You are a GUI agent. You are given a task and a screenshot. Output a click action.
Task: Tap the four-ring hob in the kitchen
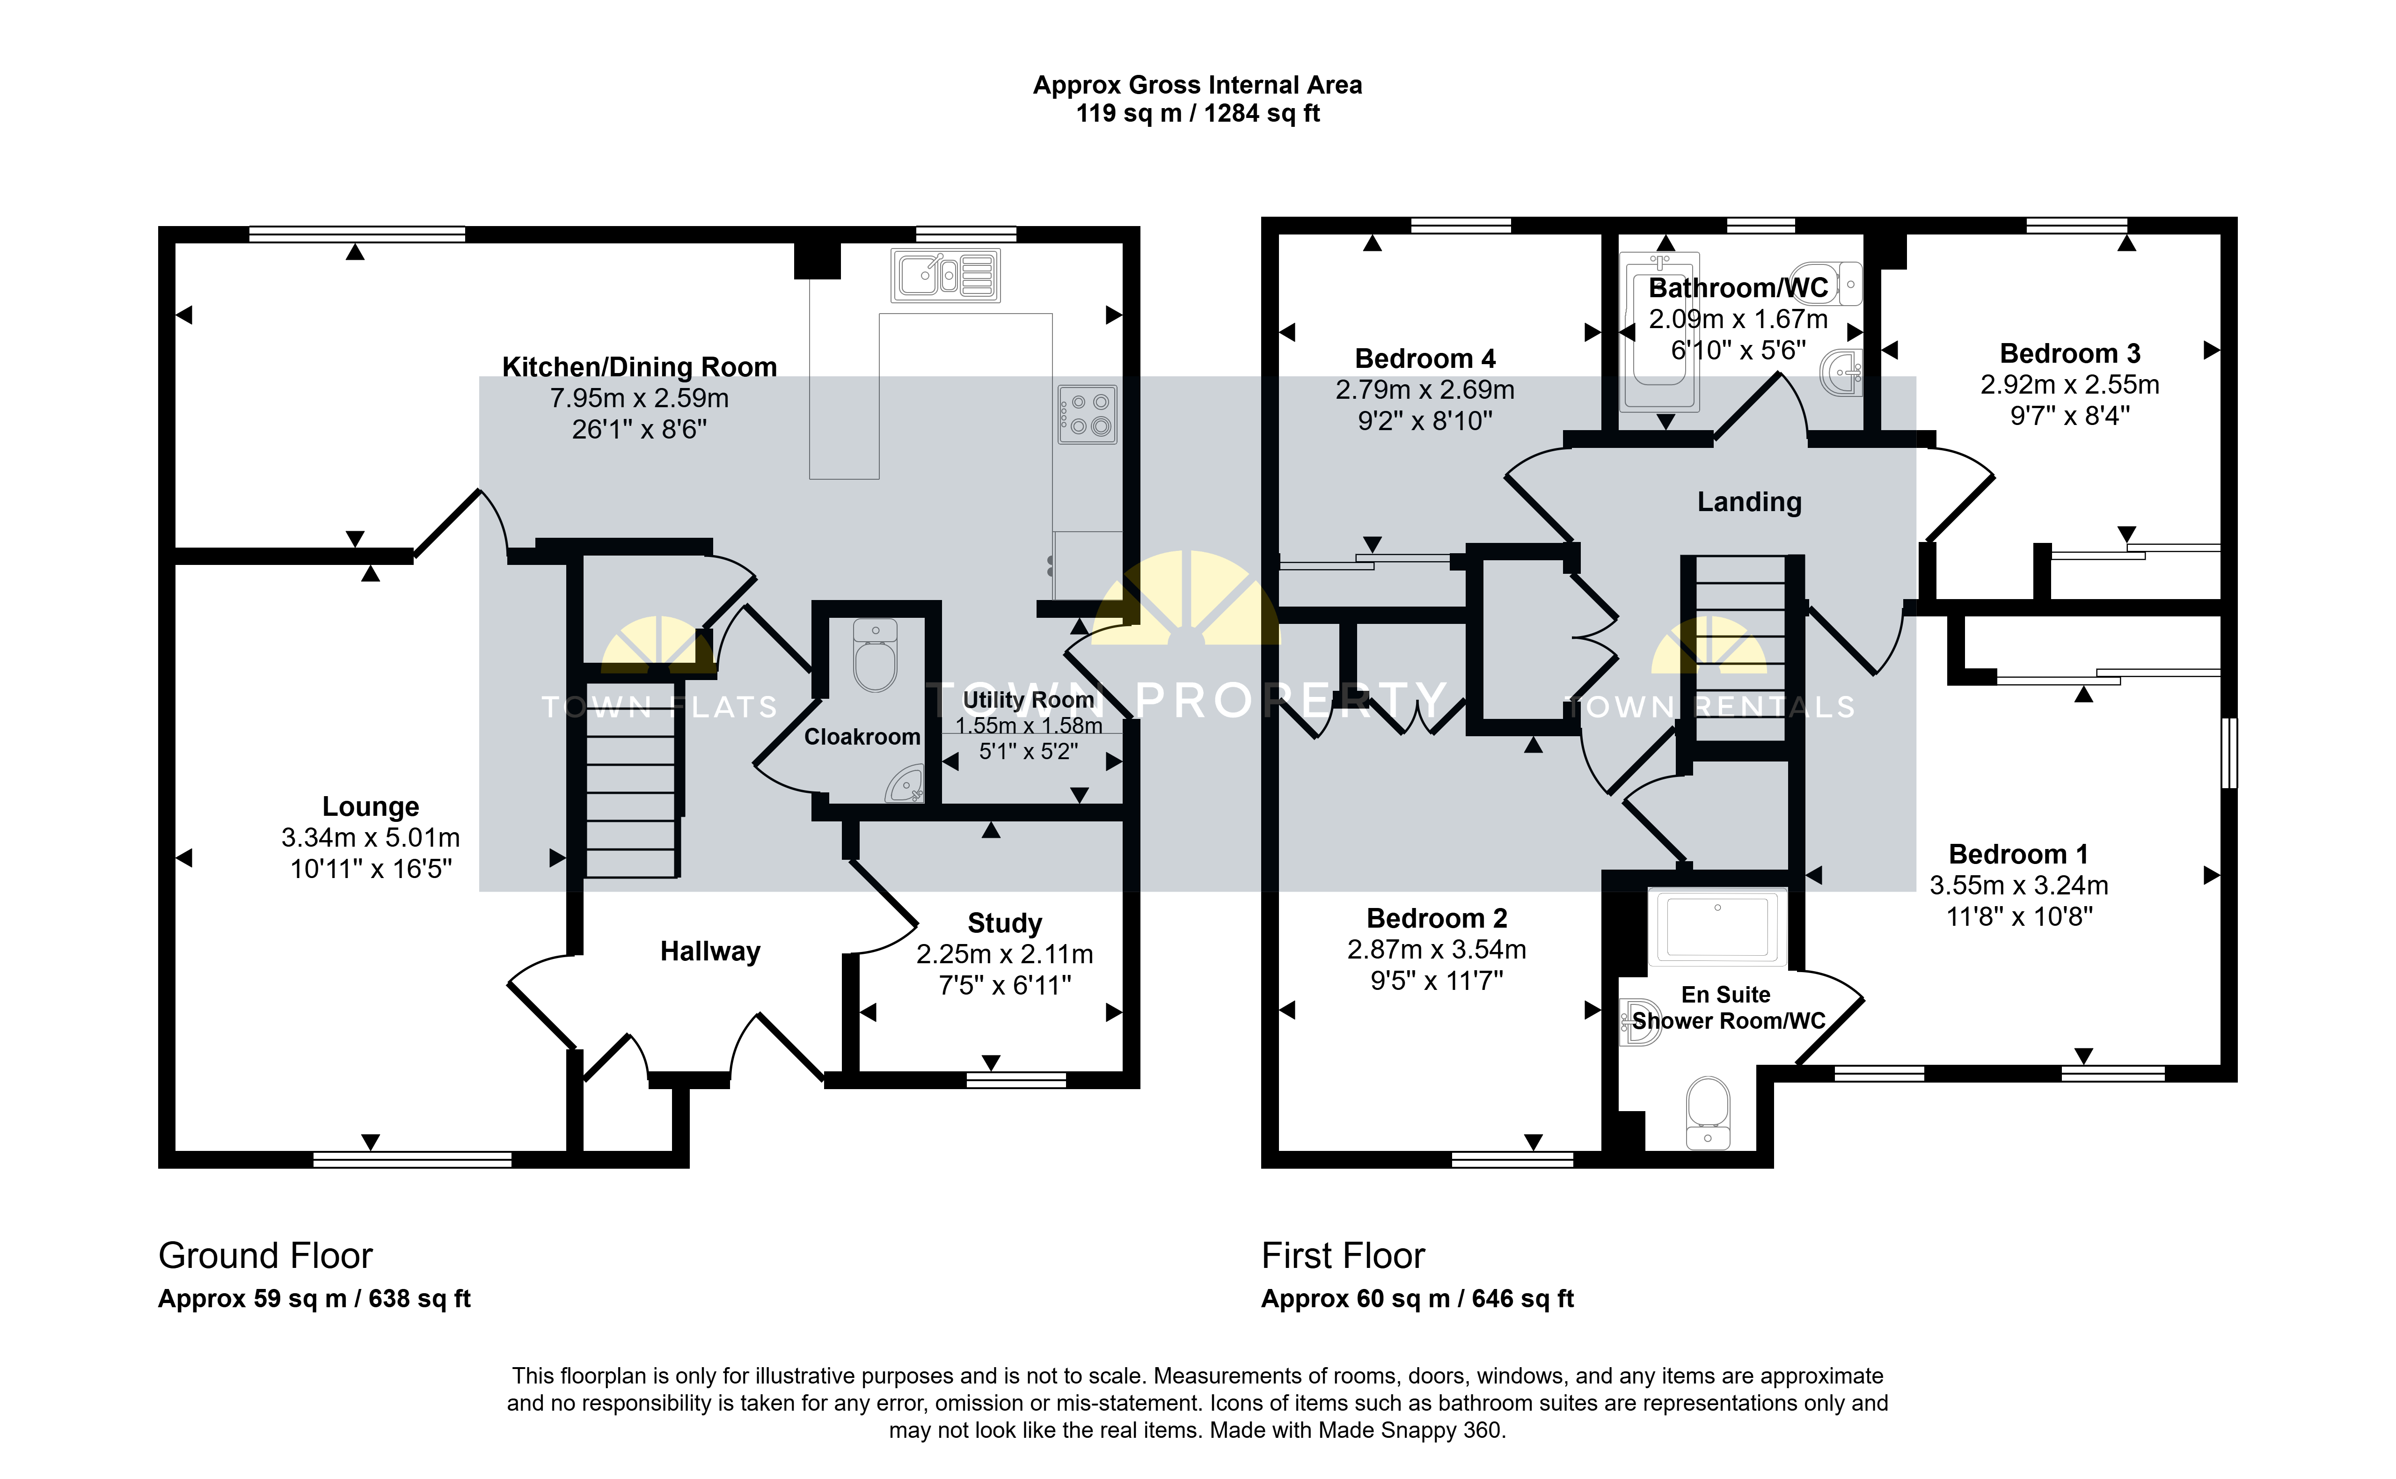[1087, 414]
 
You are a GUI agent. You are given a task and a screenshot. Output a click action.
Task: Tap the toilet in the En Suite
[1709, 1112]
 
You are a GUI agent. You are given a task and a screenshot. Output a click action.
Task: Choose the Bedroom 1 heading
[2018, 854]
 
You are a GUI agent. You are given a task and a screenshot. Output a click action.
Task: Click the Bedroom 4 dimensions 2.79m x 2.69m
[1425, 389]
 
